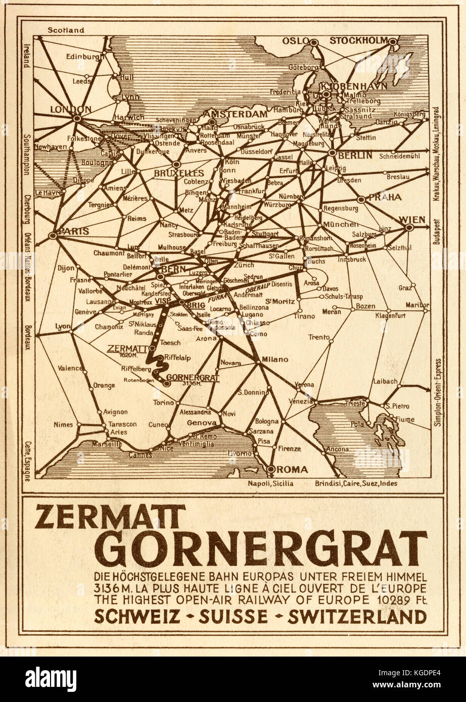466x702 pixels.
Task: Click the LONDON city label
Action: (x=70, y=109)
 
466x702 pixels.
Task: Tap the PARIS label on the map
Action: (x=74, y=231)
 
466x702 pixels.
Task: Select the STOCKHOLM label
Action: (x=358, y=40)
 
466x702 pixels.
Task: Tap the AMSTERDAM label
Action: (x=242, y=114)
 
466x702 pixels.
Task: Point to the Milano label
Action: (x=275, y=359)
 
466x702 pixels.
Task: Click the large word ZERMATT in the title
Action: (x=109, y=519)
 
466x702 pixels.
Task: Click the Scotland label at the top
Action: (x=65, y=30)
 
